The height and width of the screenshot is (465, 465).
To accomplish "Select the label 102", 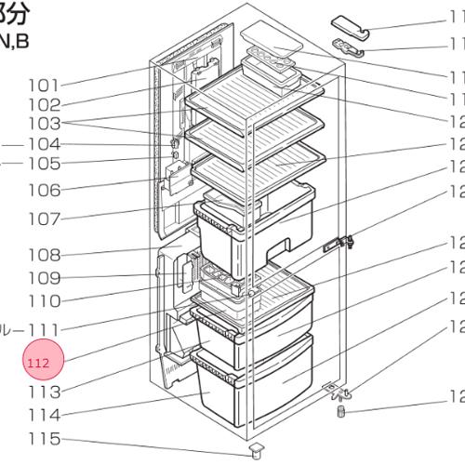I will [62, 105].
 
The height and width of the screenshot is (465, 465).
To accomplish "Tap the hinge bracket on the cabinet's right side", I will [339, 244].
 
